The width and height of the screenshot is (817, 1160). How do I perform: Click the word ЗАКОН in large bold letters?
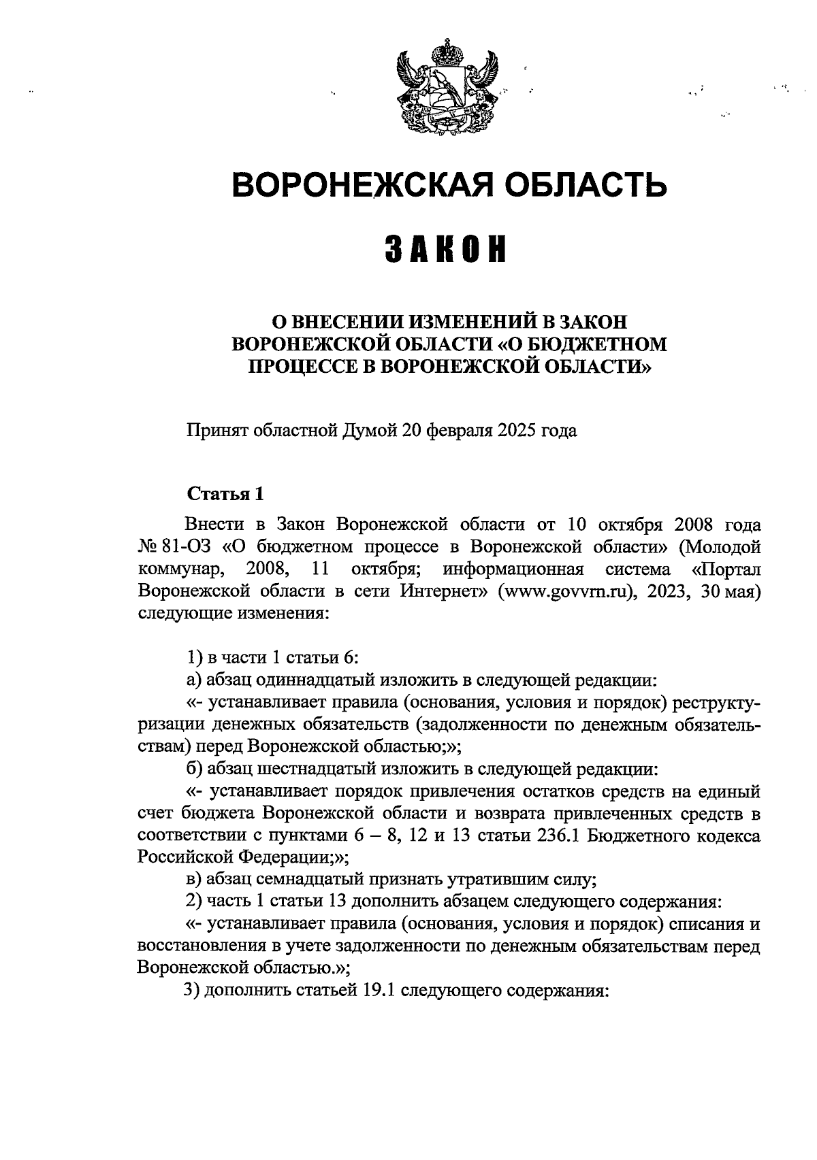[x=448, y=250]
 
